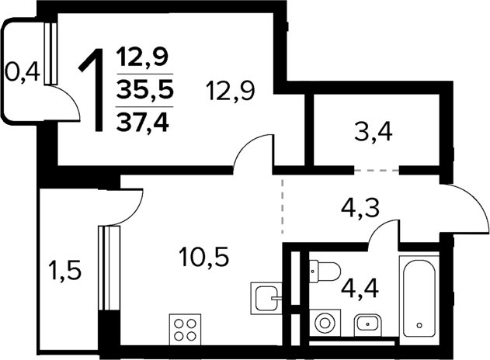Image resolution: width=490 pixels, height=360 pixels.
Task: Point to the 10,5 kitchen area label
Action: click(x=203, y=256)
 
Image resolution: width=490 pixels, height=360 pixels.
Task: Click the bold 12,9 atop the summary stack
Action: click(x=144, y=57)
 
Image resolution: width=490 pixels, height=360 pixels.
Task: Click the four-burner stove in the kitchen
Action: click(x=186, y=330)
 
